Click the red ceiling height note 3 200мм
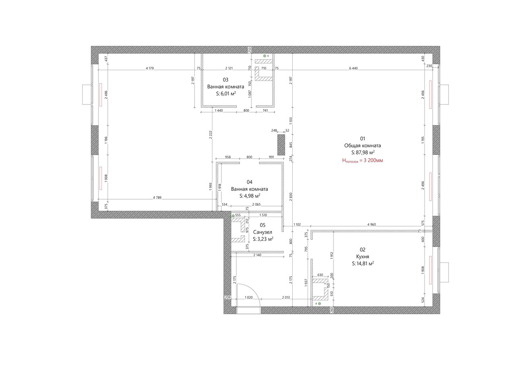tap(362, 161)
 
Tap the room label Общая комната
tap(362, 146)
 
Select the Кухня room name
tap(362, 257)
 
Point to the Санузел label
tap(262, 232)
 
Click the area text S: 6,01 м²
tap(226, 94)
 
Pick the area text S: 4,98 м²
tap(250, 196)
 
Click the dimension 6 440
tap(354, 68)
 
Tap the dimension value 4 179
tap(150, 68)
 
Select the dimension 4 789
tap(157, 198)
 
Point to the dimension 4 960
tap(372, 224)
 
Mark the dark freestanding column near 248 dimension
tap(281, 145)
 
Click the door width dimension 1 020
tap(249, 298)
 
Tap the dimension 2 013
tap(286, 298)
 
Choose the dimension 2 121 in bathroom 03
tap(229, 68)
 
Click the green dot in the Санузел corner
tap(233, 216)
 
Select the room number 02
tap(362, 250)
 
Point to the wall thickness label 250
tap(250, 50)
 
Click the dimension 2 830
tap(291, 197)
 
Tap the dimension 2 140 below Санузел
tap(257, 255)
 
